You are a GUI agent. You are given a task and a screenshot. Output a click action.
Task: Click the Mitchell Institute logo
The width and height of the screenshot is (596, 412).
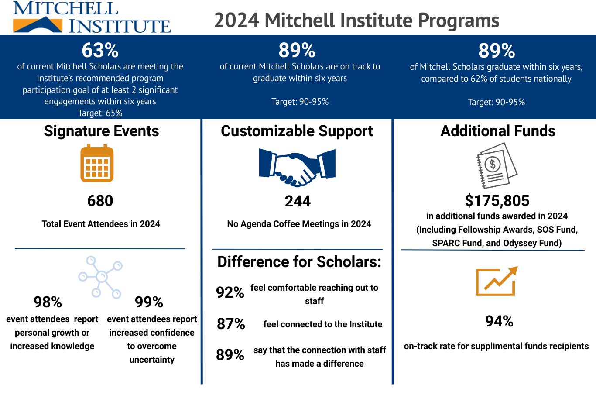(x=92, y=17)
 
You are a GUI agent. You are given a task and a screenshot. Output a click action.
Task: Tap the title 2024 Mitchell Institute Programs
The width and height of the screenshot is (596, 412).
(x=356, y=20)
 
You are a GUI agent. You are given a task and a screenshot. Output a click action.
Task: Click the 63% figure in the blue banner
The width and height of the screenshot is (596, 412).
(x=100, y=51)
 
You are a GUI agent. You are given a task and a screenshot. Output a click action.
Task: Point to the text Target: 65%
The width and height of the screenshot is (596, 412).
(x=100, y=113)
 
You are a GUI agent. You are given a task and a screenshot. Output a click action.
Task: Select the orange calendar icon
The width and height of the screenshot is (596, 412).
(x=97, y=164)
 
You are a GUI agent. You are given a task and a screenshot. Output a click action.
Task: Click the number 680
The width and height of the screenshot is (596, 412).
(x=100, y=201)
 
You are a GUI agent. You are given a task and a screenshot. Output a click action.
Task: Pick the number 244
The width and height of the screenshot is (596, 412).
(x=298, y=201)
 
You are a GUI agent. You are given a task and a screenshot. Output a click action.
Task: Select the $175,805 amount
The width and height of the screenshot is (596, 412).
(x=497, y=201)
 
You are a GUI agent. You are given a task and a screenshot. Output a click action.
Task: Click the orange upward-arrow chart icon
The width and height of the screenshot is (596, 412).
(x=497, y=281)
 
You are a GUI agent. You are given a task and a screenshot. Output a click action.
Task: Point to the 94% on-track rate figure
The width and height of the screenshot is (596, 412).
(x=499, y=321)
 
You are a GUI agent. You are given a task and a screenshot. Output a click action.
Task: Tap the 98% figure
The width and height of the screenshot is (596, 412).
(x=48, y=302)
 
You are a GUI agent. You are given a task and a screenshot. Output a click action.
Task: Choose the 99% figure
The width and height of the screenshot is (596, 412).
(x=149, y=302)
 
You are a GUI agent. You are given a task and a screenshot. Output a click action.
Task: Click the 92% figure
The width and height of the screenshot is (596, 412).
(x=230, y=292)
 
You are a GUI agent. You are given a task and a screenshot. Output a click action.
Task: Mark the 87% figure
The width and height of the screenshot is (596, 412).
(x=231, y=324)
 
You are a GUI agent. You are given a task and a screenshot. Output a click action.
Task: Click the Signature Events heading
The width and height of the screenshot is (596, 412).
(x=101, y=131)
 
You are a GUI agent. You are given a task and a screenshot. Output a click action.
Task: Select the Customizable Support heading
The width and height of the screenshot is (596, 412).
(x=297, y=131)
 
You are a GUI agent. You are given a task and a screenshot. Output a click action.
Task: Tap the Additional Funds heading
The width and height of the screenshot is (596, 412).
(x=498, y=131)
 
